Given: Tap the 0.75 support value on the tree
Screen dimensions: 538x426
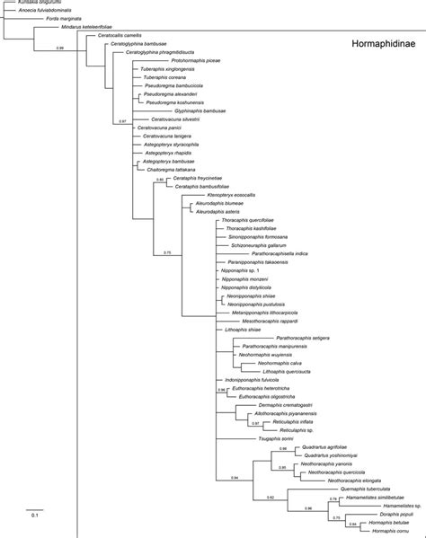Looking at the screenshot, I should click(166, 252).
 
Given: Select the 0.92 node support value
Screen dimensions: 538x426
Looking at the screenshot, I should click(269, 497).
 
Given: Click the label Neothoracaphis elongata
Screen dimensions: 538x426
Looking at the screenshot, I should click(343, 481).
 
